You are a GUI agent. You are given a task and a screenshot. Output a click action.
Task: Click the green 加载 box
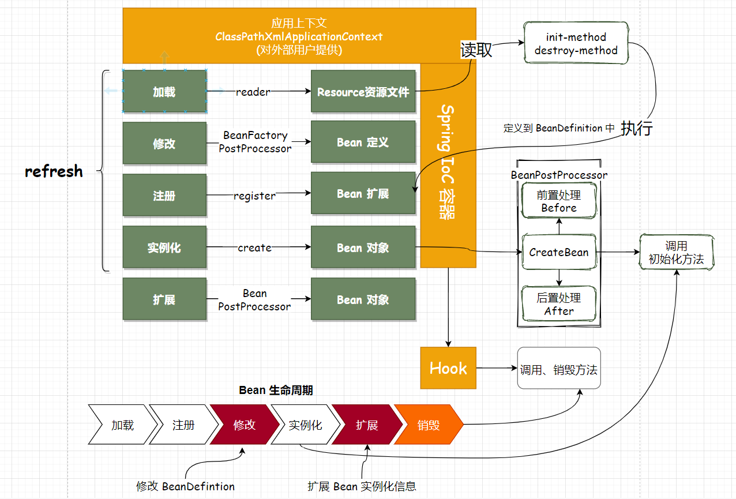[x=164, y=92]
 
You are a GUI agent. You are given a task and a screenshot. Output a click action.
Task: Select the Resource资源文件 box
[x=363, y=92]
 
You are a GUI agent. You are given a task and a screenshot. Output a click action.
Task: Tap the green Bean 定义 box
[x=363, y=142]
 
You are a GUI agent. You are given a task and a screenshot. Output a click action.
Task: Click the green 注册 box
[x=164, y=196]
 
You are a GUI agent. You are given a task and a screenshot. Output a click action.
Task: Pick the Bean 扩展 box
[x=363, y=194]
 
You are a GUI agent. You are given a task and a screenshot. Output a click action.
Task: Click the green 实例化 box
[x=164, y=248]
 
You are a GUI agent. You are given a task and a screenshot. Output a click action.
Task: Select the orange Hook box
[x=448, y=368]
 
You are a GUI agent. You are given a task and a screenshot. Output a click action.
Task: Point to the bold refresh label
[x=54, y=171]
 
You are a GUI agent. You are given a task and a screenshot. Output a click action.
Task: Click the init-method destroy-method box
[x=576, y=44]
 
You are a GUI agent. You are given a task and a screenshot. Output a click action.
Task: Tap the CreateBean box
[x=559, y=252]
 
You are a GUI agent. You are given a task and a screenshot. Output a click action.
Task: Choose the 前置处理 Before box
[x=559, y=201]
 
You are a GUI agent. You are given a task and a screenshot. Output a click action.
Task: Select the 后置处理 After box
[x=559, y=304]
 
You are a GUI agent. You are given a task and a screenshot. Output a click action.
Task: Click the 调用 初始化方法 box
[x=676, y=253]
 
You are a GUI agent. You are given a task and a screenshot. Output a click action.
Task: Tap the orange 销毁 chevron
[x=429, y=425]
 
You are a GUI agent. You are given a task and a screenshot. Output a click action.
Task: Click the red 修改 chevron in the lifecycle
[x=244, y=425]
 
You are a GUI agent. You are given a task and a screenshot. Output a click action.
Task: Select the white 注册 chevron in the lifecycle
[x=183, y=425]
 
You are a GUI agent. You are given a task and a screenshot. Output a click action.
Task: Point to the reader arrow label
[x=253, y=92]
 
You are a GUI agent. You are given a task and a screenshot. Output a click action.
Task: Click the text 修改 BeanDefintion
[x=185, y=486]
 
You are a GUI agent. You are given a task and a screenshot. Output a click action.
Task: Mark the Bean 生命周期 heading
[x=276, y=391]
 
